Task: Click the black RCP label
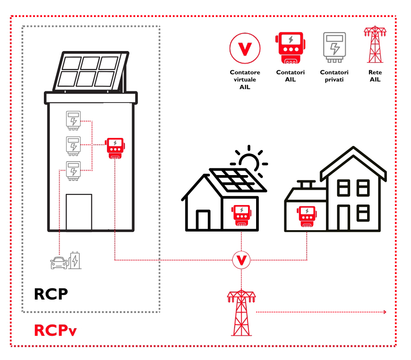tap(51, 294)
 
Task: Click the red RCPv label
tap(55, 330)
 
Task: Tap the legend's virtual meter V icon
tap(244, 48)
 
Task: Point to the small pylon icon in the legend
tap(374, 45)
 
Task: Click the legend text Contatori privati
tap(334, 76)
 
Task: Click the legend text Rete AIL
tap(375, 76)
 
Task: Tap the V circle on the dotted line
tap(241, 260)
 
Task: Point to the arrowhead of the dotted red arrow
tap(385, 312)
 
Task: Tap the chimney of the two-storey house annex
tap(307, 185)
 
